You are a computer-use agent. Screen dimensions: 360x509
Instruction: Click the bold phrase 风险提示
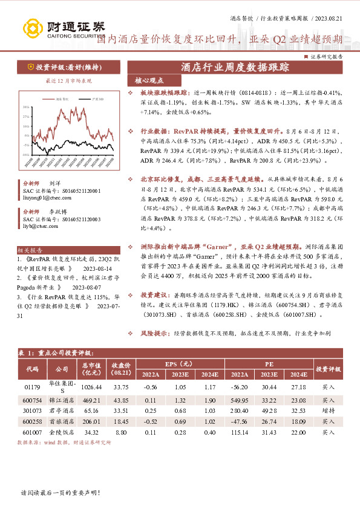152,333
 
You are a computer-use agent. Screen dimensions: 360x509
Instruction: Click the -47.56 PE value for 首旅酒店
243,421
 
